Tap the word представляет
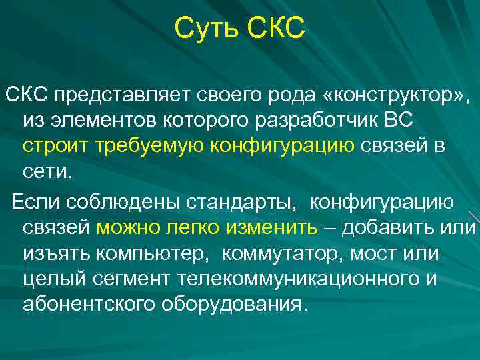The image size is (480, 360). pos(123,95)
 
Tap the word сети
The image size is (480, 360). pos(46,172)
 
